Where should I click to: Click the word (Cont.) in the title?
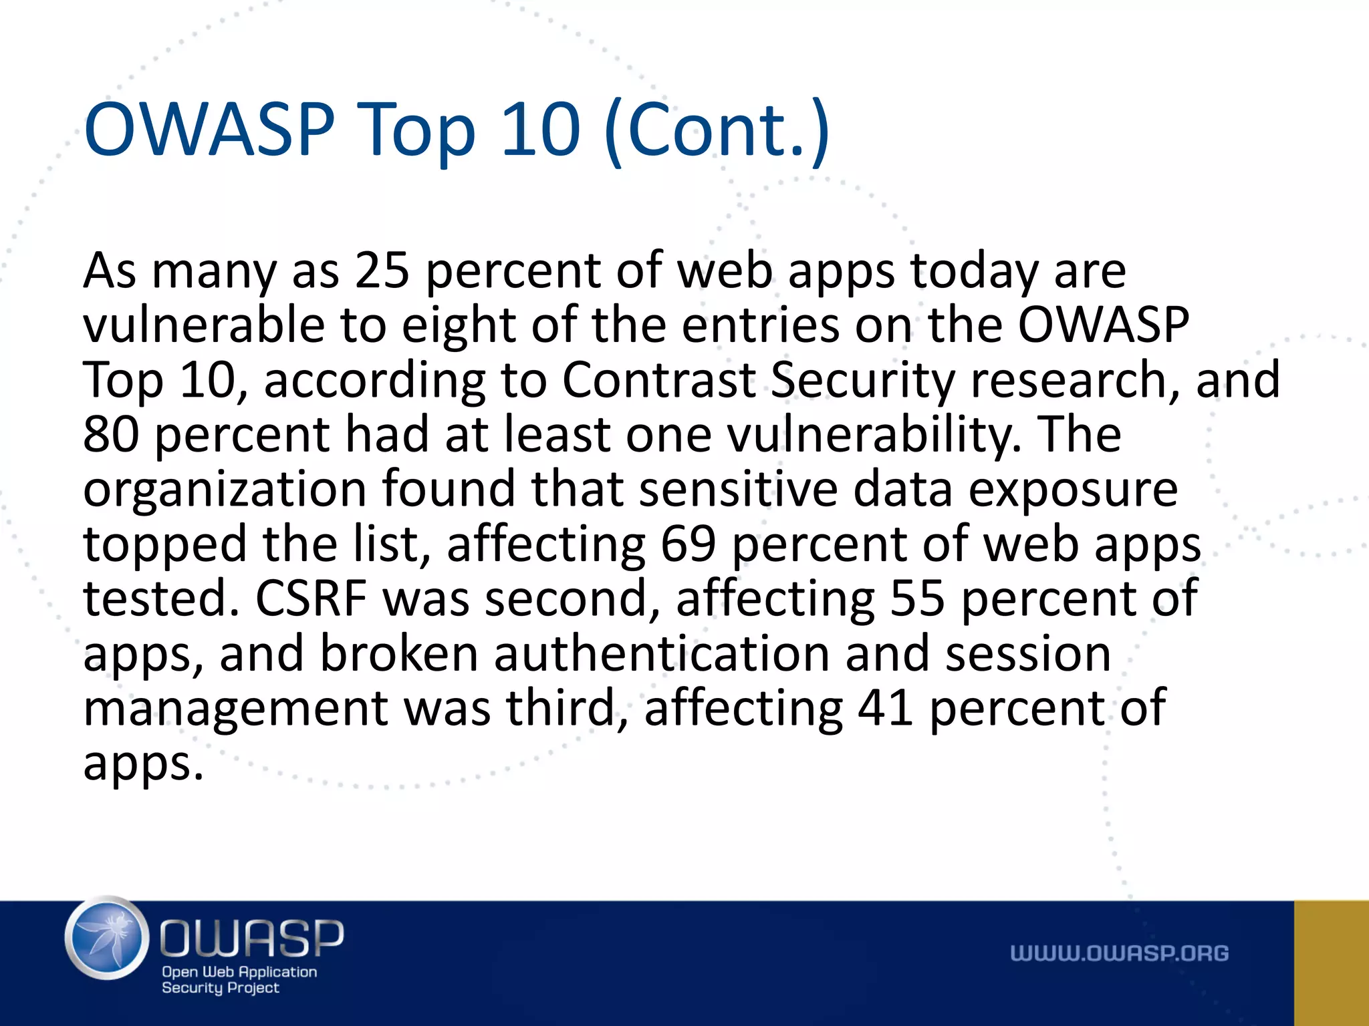point(717,130)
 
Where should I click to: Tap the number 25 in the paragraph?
point(382,271)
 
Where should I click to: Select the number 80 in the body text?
point(111,435)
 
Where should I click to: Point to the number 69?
point(688,544)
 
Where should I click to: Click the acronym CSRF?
point(311,598)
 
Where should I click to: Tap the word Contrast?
point(658,380)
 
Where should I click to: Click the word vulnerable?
point(204,325)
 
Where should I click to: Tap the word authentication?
point(662,653)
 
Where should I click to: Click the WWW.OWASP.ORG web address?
point(1119,954)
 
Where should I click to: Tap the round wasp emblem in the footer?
point(107,938)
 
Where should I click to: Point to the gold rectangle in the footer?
point(1331,963)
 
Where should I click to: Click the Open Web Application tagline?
point(239,972)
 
